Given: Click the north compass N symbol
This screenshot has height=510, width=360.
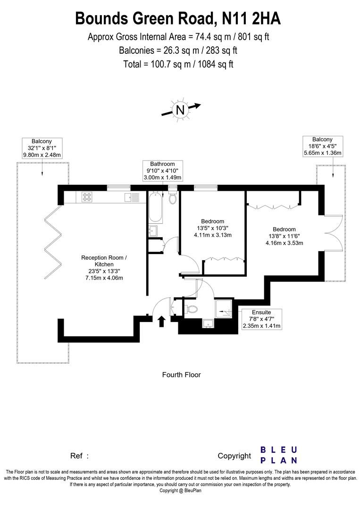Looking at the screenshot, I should tap(180, 110).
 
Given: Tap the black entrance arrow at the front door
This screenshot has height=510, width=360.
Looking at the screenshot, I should tap(161, 321).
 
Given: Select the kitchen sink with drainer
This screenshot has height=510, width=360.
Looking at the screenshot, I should tap(131, 197).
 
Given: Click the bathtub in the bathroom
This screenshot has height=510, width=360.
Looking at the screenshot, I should tap(156, 207).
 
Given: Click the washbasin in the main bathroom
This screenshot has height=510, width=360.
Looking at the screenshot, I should tap(152, 231).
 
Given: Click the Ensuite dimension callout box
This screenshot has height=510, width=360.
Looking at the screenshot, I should tap(261, 319).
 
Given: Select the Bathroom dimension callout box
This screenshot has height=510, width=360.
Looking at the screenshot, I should tap(162, 170).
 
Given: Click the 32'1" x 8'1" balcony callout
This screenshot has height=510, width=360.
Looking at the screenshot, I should tap(42, 148).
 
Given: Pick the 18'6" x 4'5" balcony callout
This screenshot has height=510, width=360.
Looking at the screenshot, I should tap(322, 146).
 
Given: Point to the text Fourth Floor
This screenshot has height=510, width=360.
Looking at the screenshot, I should tap(181, 375).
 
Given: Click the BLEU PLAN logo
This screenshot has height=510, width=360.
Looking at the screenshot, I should tap(279, 455).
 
